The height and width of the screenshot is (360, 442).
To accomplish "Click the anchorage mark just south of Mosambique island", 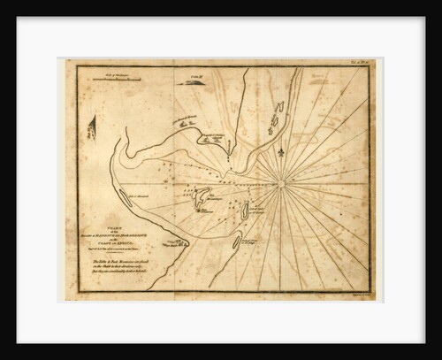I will point(206,211).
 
